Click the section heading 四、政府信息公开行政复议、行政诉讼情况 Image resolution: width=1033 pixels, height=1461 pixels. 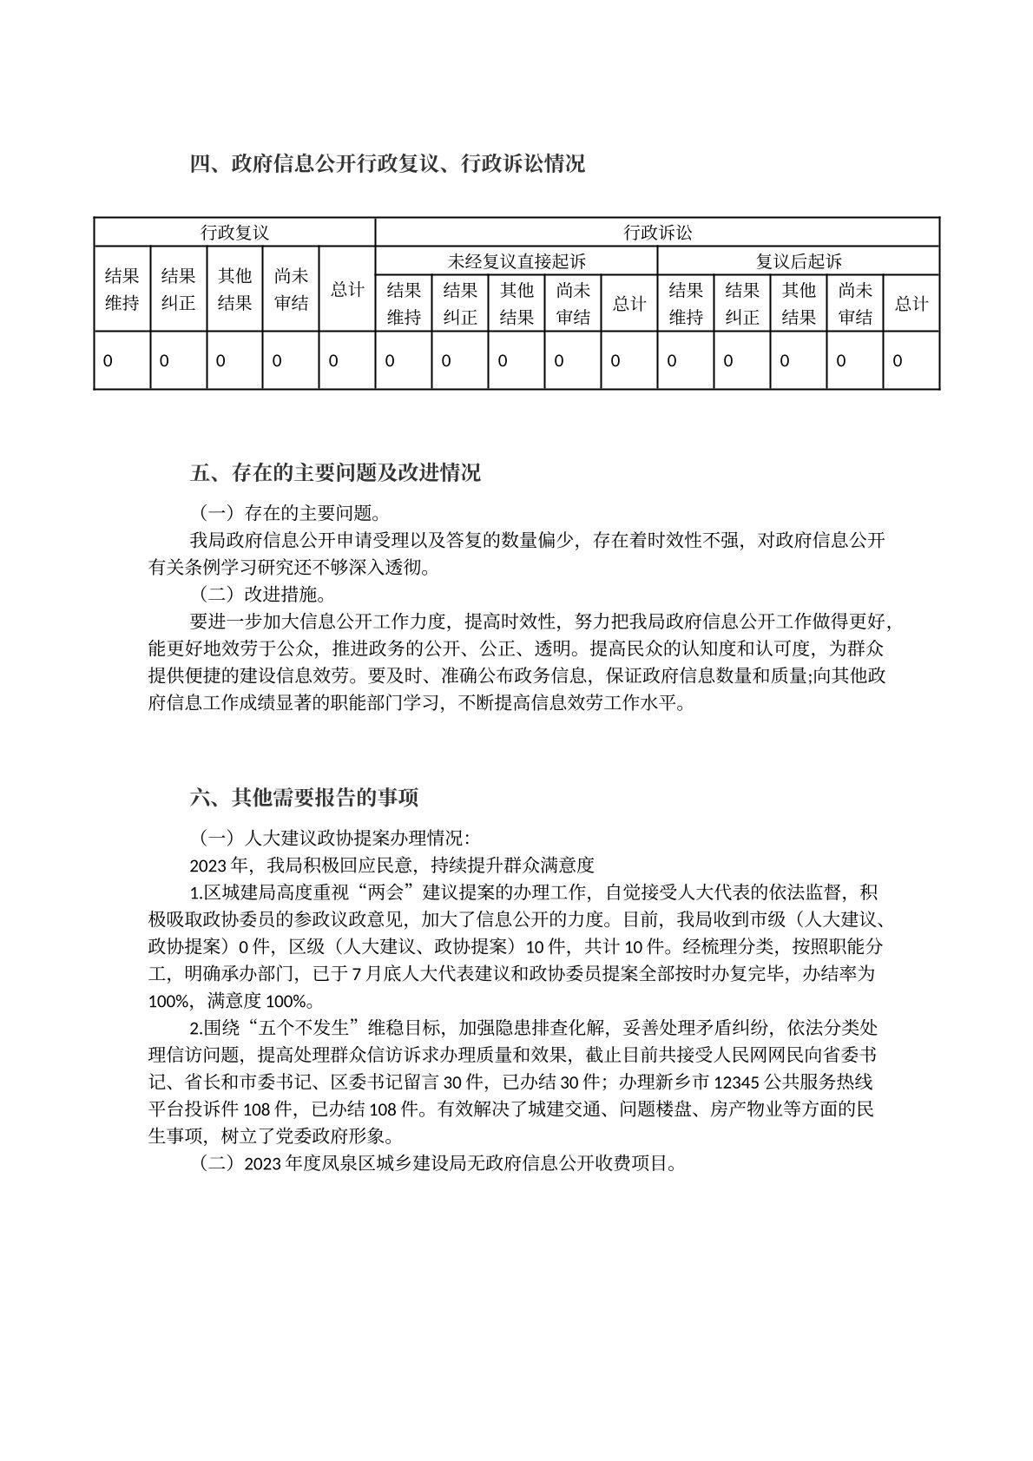(387, 163)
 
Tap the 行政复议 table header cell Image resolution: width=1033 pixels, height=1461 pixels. (234, 233)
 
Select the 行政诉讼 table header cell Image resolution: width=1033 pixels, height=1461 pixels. (657, 233)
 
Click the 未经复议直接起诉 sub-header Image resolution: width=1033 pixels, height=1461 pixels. (516, 261)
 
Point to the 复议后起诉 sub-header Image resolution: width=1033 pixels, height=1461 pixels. (799, 261)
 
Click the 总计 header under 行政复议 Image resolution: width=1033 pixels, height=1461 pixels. (347, 289)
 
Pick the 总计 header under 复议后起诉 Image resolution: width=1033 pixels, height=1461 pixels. (911, 303)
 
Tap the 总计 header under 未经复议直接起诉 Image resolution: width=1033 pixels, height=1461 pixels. (629, 303)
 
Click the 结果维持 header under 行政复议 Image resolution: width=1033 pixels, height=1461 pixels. (122, 289)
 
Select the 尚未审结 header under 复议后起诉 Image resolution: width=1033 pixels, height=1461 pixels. (855, 303)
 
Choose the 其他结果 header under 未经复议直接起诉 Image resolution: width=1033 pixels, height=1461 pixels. (516, 303)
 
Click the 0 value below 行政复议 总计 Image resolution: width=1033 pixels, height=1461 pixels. (333, 360)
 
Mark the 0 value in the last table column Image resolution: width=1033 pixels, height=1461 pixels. (898, 360)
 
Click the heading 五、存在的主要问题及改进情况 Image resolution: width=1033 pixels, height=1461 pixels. (335, 473)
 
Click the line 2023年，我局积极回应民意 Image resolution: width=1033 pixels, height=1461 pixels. (391, 865)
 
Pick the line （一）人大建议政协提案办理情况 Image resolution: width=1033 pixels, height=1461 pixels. (330, 838)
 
